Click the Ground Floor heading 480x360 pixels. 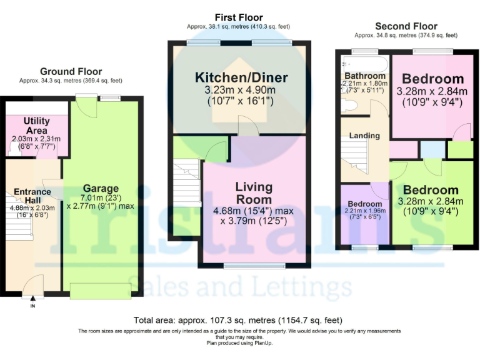click(71, 71)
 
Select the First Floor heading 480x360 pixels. click(238, 17)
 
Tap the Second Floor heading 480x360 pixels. click(406, 26)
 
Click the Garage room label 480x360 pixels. click(101, 188)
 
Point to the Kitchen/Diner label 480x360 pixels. click(241, 77)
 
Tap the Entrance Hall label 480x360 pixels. click(32, 197)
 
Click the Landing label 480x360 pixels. click(364, 136)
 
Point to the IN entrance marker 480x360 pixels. click(32, 307)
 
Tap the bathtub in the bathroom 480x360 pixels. click(364, 63)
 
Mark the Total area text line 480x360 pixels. click(238, 319)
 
